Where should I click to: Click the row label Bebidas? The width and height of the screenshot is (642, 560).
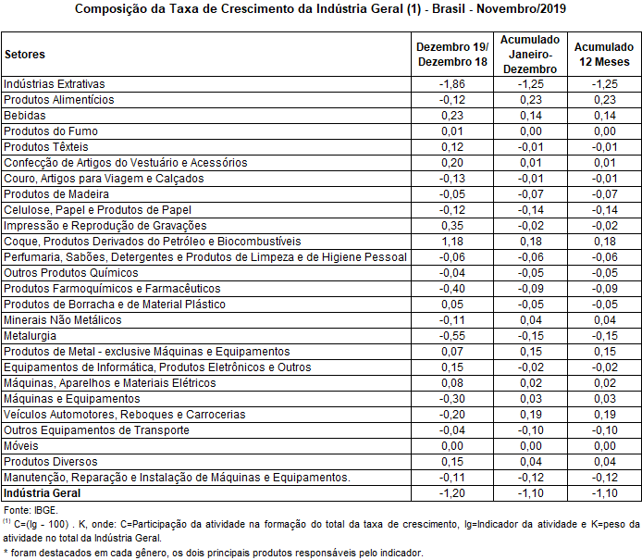[23, 115]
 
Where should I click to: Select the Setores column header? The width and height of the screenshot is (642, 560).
[24, 55]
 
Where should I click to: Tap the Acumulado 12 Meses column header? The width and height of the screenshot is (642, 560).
[604, 55]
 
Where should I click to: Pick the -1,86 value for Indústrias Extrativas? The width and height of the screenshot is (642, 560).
[452, 83]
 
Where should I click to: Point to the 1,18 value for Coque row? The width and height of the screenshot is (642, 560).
[452, 241]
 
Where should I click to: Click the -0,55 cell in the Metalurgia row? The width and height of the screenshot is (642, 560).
[452, 335]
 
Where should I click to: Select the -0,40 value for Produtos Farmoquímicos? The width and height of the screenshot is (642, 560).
[452, 288]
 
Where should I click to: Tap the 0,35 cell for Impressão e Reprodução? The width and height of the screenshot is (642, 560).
[452, 225]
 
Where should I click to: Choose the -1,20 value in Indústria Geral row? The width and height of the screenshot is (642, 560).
[452, 493]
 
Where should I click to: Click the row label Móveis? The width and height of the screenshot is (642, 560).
[20, 445]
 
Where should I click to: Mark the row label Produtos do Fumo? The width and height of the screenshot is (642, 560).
[50, 131]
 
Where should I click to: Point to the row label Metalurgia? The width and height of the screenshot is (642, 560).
[30, 335]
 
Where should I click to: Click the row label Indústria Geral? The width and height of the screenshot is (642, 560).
[43, 493]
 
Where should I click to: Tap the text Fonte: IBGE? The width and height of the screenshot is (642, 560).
[31, 510]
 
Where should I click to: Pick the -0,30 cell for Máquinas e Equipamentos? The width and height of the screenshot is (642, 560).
[452, 398]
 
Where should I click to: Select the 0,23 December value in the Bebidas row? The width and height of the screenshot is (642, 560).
[452, 115]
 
